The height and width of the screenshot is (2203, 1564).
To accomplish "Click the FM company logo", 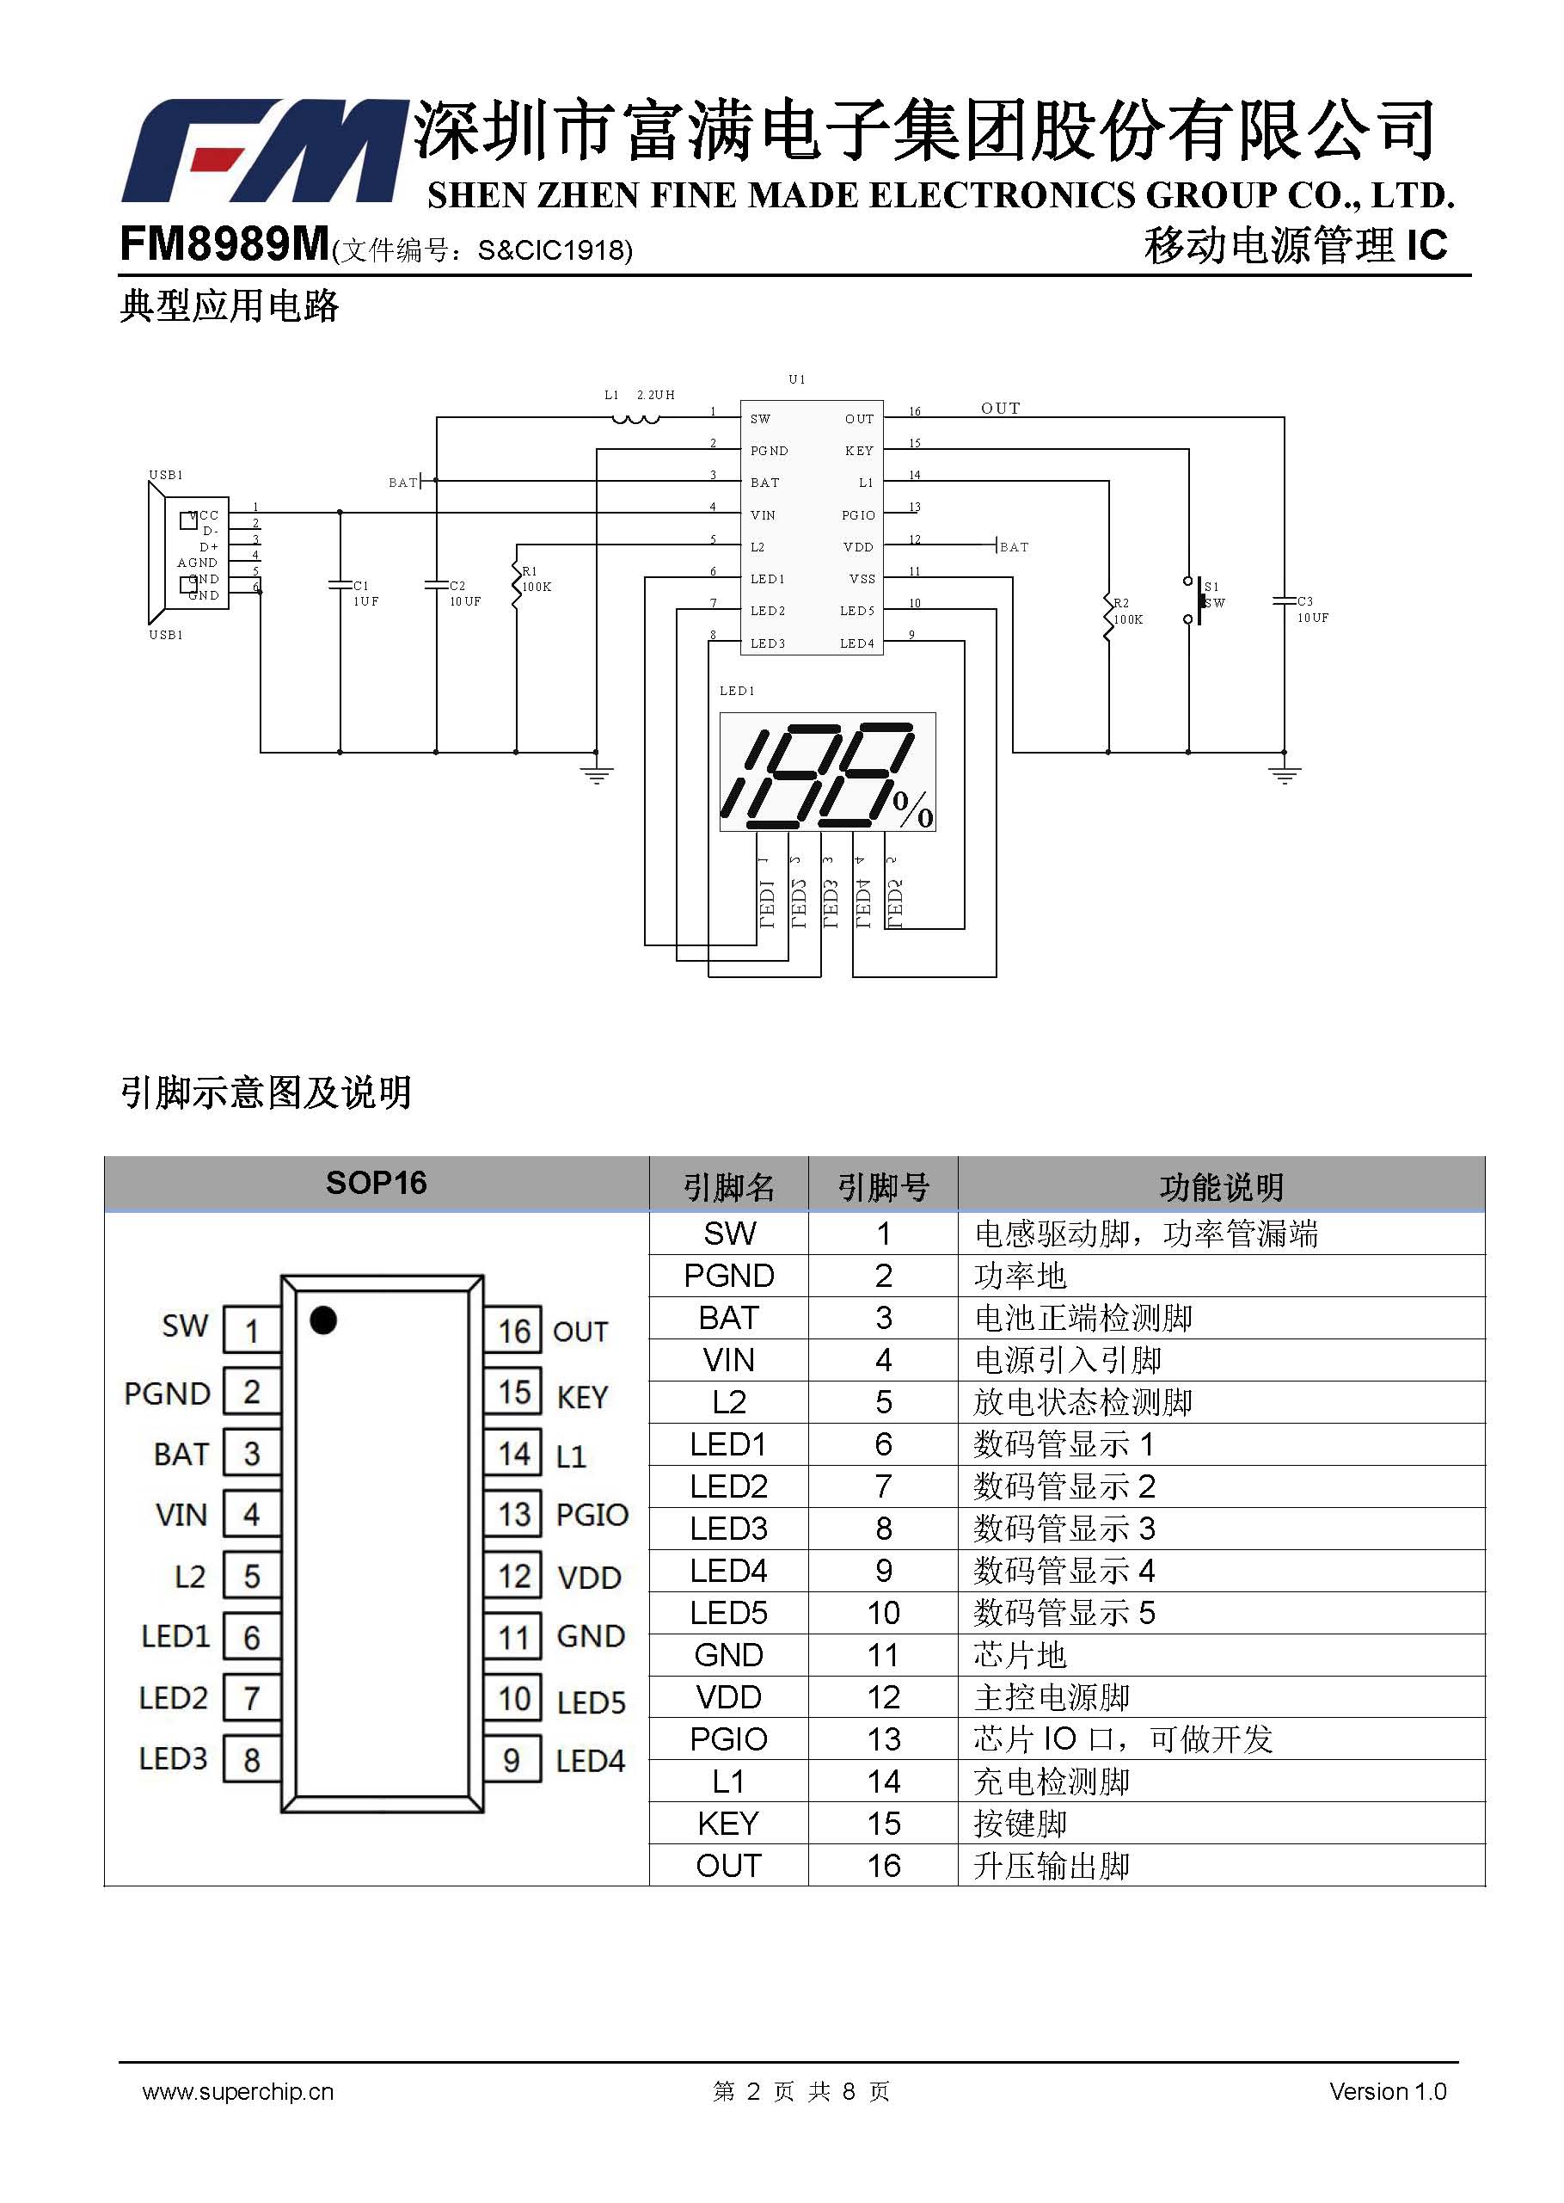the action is click(262, 151).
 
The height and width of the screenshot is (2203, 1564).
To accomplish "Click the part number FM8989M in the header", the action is click(224, 243).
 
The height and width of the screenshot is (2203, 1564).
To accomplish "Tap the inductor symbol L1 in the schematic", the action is click(636, 419).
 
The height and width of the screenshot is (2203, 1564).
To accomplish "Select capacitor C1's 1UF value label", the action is click(366, 601).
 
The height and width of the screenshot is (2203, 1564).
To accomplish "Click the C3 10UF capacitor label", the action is click(1312, 609).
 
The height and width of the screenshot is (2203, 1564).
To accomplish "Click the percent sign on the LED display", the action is click(913, 809).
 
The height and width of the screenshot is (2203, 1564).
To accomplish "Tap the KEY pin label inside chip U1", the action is click(859, 451).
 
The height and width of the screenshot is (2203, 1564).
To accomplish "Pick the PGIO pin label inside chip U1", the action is click(858, 515).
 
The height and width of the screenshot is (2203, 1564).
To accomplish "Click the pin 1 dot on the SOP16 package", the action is click(323, 1320).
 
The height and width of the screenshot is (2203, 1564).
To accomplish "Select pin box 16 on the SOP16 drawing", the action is click(513, 1330).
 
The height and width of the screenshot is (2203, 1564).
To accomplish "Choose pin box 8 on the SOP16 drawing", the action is click(251, 1760).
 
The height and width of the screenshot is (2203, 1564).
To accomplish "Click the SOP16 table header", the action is click(377, 1183).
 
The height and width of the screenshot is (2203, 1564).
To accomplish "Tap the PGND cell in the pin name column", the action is click(729, 1276).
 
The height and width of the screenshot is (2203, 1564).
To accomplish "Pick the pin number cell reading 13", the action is click(883, 1738).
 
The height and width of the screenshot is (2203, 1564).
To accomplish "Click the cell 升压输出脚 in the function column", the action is click(1052, 1866).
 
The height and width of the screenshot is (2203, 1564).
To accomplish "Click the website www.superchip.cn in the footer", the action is click(238, 2091).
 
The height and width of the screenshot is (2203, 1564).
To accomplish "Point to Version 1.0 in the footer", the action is click(1388, 2091).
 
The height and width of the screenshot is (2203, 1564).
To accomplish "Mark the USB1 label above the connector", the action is click(166, 475).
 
